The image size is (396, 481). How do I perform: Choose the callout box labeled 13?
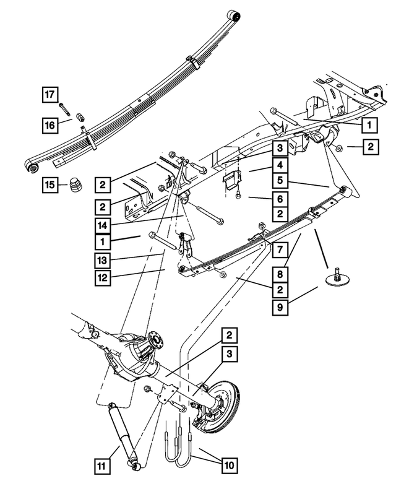click(104, 259)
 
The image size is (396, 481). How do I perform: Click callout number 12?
click(104, 277)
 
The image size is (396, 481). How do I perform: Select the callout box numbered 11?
click(104, 464)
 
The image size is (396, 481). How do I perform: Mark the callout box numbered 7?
click(280, 250)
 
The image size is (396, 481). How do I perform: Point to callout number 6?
click(280, 199)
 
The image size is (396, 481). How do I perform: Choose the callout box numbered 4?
click(280, 166)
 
